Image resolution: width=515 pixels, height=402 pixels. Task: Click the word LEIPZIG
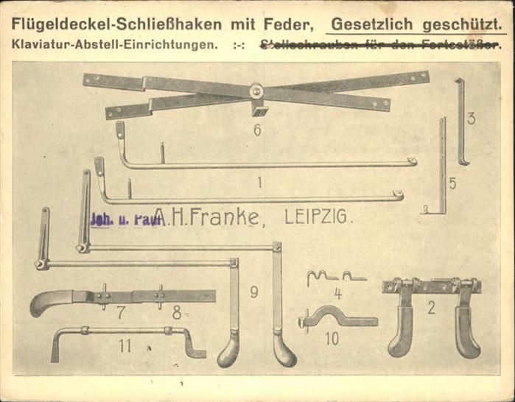tap(318, 217)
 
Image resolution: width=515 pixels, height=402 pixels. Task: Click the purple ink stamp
tap(125, 219)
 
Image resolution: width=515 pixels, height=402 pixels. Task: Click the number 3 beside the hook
tap(471, 117)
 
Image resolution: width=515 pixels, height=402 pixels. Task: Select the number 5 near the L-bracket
tap(452, 183)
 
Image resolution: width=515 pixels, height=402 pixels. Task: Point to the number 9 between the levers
tap(253, 292)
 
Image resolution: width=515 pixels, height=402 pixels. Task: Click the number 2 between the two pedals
tap(431, 307)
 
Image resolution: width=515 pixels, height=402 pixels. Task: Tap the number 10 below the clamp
tap(332, 339)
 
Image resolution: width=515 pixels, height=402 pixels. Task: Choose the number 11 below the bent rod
tap(125, 345)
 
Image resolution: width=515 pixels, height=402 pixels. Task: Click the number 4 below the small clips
tap(337, 292)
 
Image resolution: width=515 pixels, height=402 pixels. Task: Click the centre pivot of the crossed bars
tap(256, 91)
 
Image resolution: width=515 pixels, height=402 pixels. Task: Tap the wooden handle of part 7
tap(49, 302)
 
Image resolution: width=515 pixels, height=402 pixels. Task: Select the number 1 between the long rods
tap(259, 180)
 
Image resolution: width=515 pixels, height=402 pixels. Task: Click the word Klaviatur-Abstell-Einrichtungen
tap(115, 44)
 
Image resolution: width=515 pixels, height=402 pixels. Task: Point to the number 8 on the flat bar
tap(177, 311)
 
